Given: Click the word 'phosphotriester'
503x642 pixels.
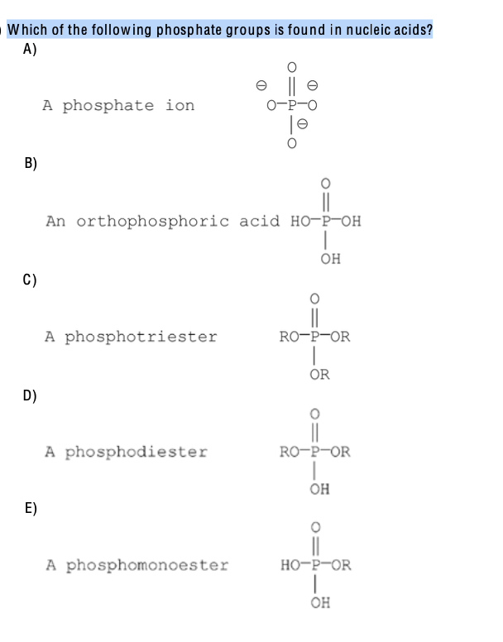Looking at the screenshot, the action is click(141, 337).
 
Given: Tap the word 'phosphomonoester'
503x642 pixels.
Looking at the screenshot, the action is click(146, 566).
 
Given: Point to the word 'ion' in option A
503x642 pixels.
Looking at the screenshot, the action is click(180, 106).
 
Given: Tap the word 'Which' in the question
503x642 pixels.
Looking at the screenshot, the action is click(26, 31).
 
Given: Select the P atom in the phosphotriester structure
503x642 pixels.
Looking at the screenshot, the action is click(314, 337).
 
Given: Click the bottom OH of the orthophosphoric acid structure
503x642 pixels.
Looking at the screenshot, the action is click(330, 259).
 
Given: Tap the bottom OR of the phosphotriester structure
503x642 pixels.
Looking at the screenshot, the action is click(319, 375).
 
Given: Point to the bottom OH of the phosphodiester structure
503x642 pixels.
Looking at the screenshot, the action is click(319, 489).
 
